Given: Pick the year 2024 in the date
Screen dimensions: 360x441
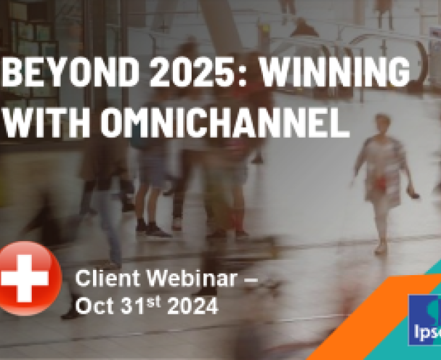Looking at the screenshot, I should (192, 306).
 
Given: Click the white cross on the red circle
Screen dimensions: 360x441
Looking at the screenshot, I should (23, 277).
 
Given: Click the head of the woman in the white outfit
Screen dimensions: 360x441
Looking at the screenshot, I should (382, 122).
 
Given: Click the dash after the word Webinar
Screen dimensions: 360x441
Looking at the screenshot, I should (246, 278).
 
